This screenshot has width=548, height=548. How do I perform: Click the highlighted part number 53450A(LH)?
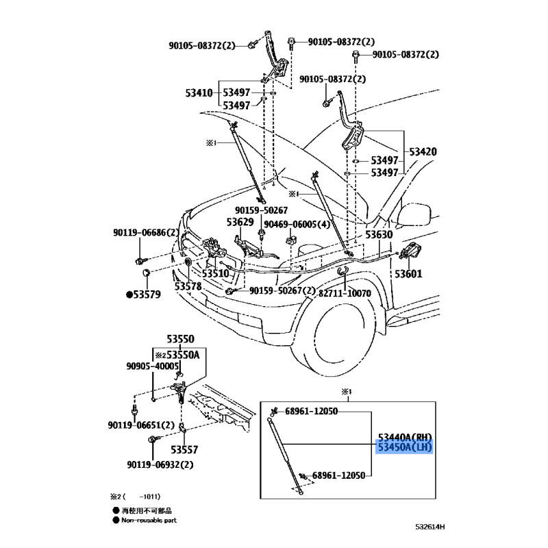point(406,448)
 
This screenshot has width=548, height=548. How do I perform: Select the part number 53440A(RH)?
point(406,437)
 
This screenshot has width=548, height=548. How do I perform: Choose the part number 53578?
point(188,286)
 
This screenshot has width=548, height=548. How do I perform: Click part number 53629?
point(241,223)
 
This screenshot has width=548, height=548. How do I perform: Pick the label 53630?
point(378,234)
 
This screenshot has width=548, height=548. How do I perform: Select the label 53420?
point(423,151)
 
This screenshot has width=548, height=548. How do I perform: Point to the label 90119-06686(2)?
point(146,234)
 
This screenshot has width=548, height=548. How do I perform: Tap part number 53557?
point(184,450)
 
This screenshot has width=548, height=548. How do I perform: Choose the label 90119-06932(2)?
point(160,465)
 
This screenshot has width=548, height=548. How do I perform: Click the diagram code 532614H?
point(429,526)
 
